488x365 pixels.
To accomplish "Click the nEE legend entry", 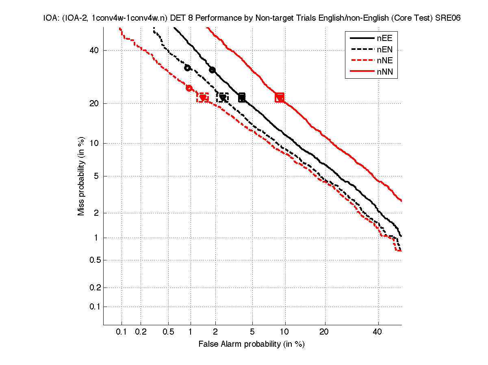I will tap(371, 39).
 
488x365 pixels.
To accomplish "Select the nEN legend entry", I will tap(371, 50).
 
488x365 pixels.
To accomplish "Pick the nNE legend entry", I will tap(371, 61).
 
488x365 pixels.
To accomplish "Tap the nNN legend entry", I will tap(371, 73).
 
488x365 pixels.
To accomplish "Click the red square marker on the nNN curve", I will tap(280, 97).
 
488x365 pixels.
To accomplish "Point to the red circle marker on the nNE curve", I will tap(189, 88).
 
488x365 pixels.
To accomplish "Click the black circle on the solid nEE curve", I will tap(212, 70).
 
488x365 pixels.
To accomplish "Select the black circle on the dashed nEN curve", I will tap(187, 68).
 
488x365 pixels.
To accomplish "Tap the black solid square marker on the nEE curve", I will tap(242, 97).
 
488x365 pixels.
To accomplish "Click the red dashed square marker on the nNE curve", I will tap(203, 97).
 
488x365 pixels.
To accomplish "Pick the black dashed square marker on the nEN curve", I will tap(223, 97).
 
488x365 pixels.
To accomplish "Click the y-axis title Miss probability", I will tap(81, 178).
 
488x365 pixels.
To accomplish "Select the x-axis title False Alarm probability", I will tap(252, 344).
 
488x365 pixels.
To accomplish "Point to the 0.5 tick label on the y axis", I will tap(94, 260).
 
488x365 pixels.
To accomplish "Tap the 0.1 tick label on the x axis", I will tap(121, 332).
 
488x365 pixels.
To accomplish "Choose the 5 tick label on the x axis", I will tap(252, 332).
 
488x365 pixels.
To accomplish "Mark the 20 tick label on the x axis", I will tap(324, 332).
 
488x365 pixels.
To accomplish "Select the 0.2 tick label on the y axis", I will tap(94, 288).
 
